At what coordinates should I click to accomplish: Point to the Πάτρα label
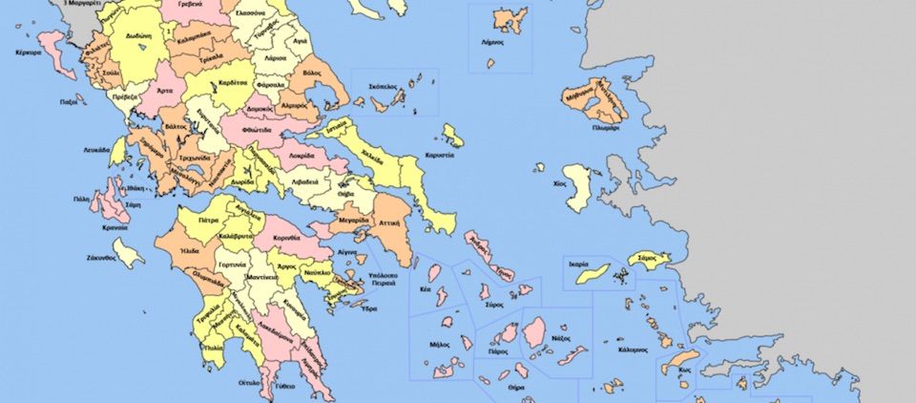pyautogui.click(x=208, y=220)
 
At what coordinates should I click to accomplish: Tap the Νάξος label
pyautogui.click(x=561, y=338)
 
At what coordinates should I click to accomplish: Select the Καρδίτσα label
pyautogui.click(x=234, y=82)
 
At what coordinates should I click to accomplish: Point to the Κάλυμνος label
pyautogui.click(x=633, y=350)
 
